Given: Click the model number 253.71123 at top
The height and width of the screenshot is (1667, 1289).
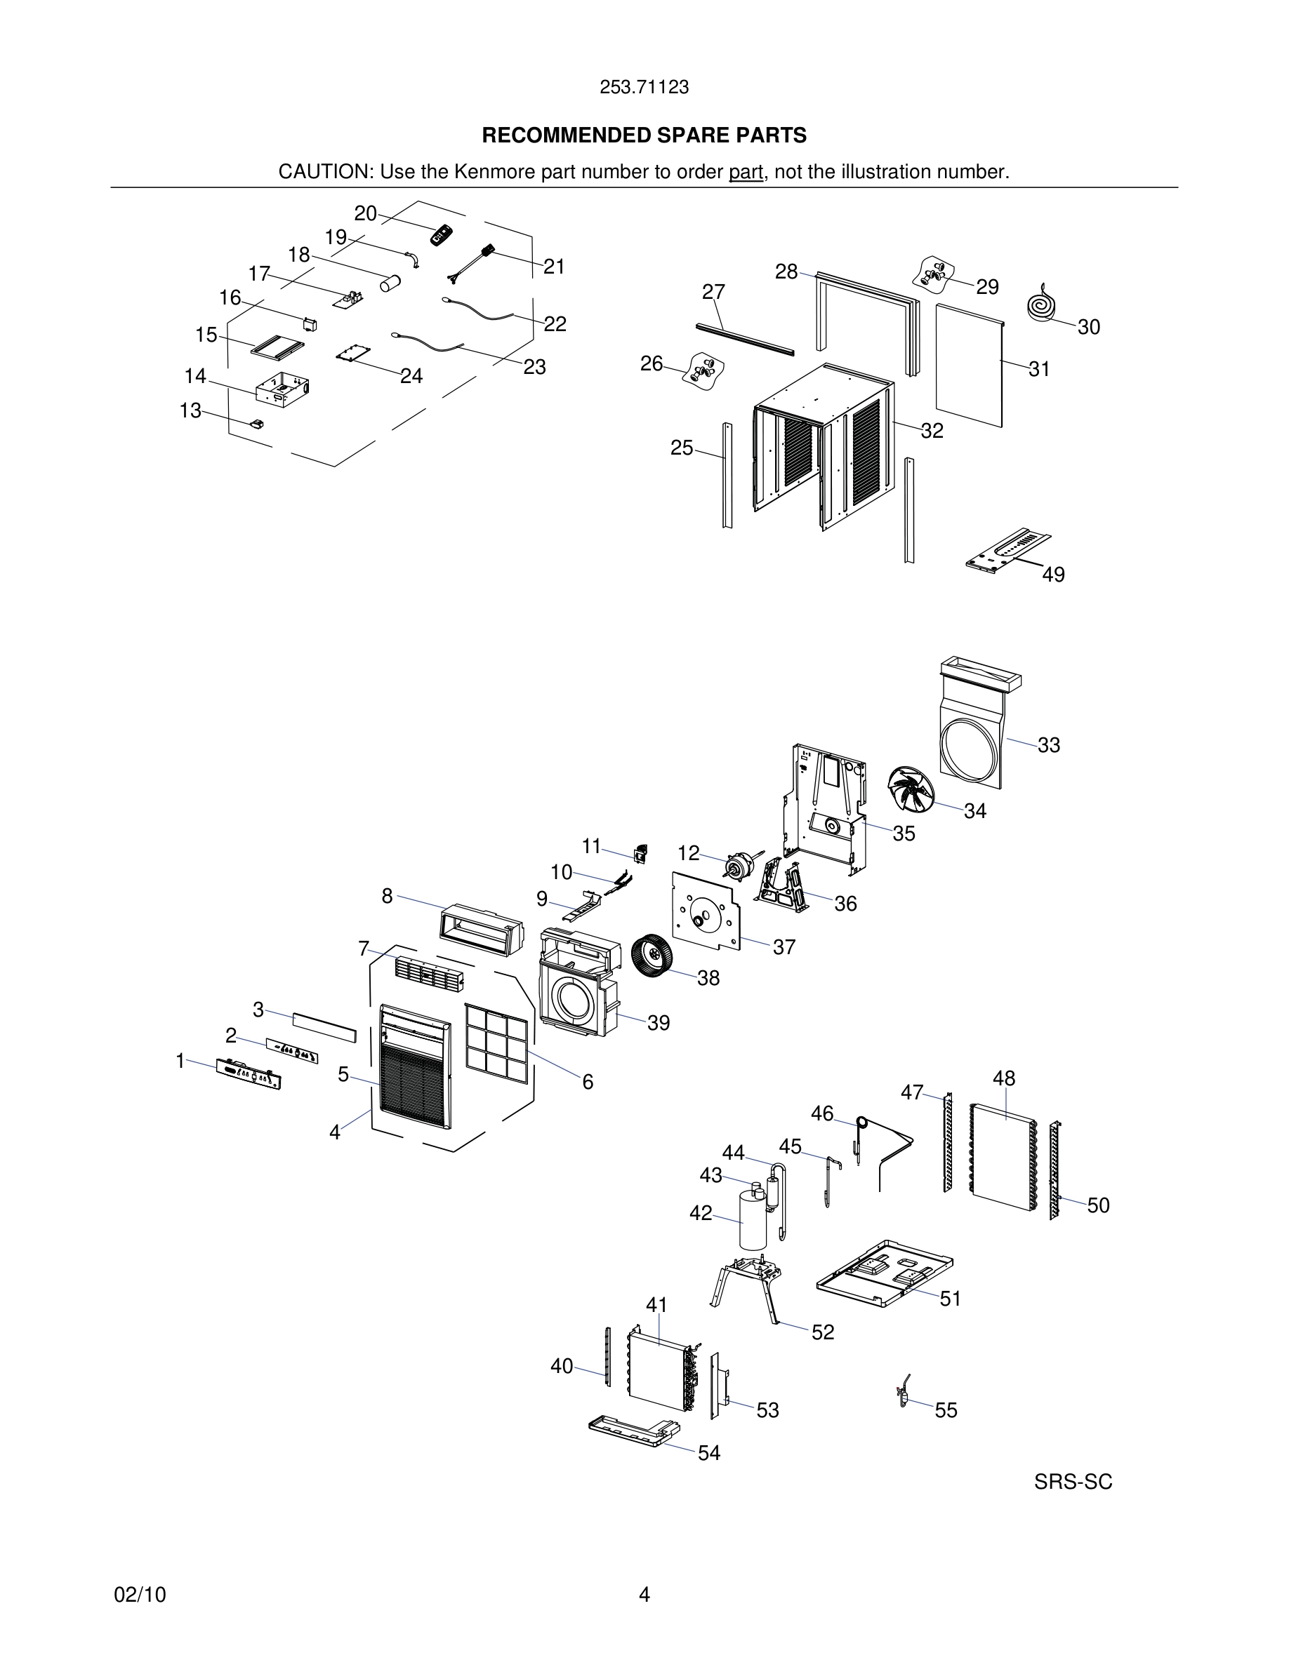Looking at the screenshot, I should [644, 88].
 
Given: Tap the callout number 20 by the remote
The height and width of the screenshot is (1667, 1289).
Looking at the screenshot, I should [365, 214].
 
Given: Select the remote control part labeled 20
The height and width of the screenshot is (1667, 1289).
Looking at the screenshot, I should [442, 236].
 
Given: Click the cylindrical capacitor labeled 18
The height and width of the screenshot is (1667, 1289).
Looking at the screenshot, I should [390, 283].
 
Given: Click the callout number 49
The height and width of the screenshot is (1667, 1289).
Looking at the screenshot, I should [1053, 574].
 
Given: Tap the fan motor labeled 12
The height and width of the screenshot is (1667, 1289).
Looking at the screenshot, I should [738, 866].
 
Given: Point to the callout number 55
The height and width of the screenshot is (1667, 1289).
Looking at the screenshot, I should [946, 1410].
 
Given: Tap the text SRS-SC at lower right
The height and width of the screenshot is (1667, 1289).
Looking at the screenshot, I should [1072, 1482].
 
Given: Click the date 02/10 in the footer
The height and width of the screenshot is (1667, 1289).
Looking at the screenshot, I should [140, 1595].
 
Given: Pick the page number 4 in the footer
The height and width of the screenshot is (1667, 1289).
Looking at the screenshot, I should [644, 1594].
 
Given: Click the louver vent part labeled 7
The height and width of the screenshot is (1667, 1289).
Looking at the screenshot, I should [428, 974].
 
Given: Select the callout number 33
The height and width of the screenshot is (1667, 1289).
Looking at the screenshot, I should [1048, 745].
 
